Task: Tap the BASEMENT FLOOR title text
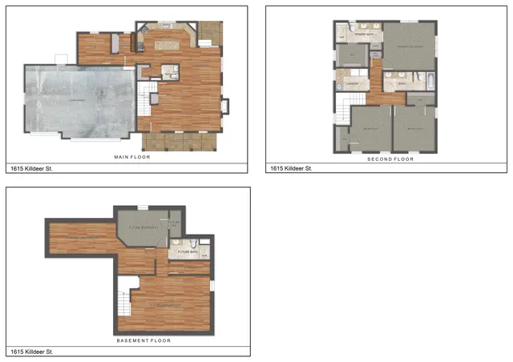143,340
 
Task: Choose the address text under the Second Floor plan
289,169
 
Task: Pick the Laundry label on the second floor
351,81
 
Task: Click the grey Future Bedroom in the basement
144,227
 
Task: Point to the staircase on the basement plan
125,300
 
